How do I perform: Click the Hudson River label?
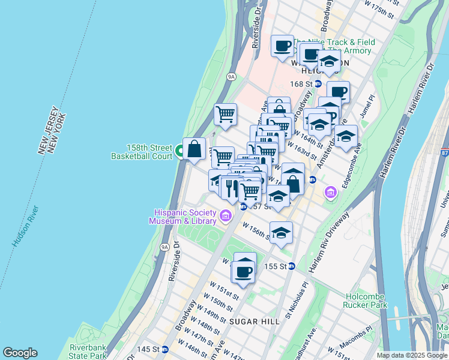pyautogui.click(x=25, y=227)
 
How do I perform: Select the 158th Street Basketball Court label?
pyautogui.click(x=141, y=151)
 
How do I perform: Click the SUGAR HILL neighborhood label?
pyautogui.click(x=254, y=322)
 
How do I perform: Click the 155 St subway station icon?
pyautogui.click(x=291, y=266)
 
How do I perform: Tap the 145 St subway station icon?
pyautogui.click(x=164, y=349)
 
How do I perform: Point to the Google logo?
pyautogui.click(x=20, y=353)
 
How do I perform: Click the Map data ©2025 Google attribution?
pyautogui.click(x=412, y=355)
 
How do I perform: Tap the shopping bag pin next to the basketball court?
pyautogui.click(x=194, y=149)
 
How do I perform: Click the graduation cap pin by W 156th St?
pyautogui.click(x=281, y=233)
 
